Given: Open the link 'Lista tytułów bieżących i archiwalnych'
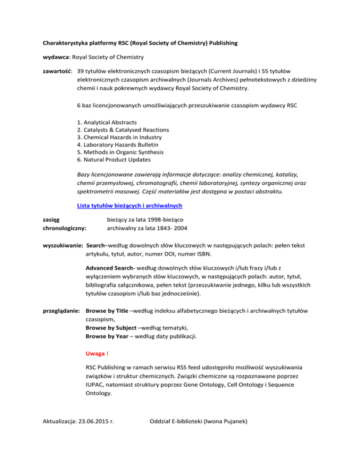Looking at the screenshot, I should click(129, 206).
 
